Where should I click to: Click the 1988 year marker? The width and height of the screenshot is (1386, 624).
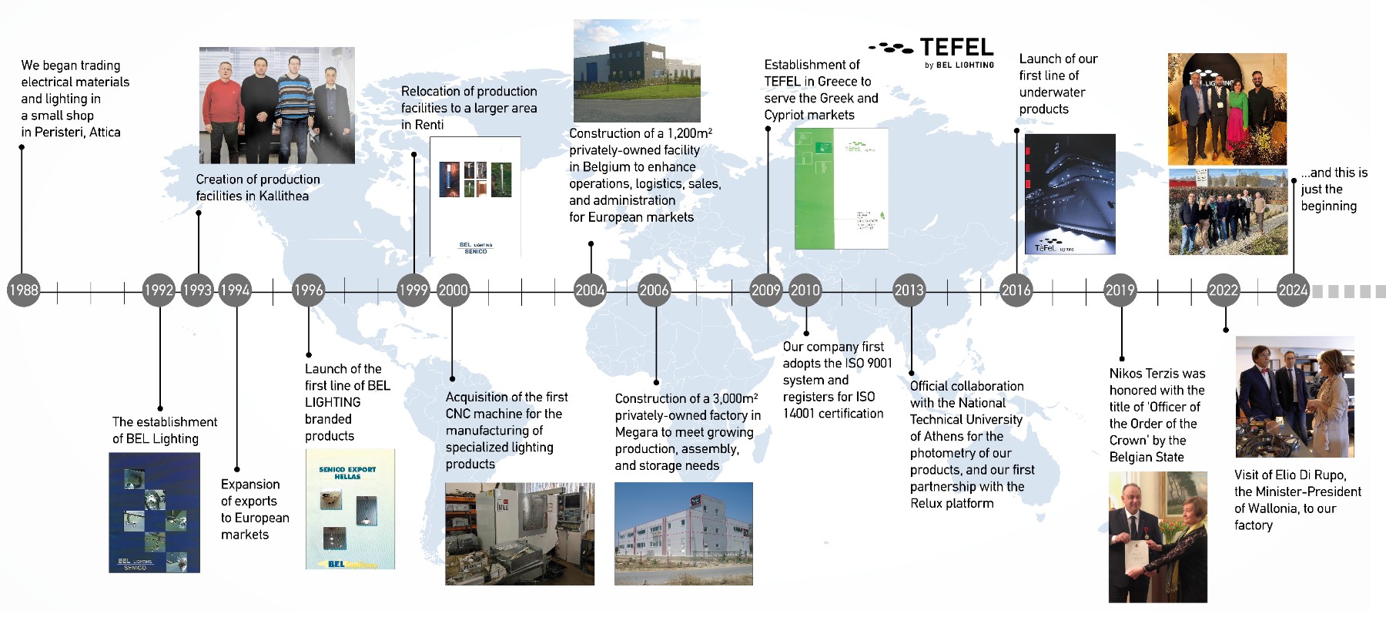point(23,290)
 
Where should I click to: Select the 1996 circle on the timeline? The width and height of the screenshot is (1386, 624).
point(308,290)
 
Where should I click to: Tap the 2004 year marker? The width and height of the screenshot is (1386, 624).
point(590,290)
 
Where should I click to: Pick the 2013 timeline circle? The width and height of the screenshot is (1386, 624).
point(909,290)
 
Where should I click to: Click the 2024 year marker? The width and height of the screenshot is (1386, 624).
point(1293,290)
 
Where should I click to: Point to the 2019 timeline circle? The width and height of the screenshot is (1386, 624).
point(1120,290)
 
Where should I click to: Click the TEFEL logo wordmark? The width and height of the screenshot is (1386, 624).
point(956,48)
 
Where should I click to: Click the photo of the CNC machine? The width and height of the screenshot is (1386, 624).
point(520,534)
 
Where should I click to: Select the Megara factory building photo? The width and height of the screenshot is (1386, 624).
point(683,533)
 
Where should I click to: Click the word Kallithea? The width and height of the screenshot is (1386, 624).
point(280,196)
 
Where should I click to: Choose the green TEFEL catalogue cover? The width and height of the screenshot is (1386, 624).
point(841,189)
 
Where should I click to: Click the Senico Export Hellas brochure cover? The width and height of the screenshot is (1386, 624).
point(350,509)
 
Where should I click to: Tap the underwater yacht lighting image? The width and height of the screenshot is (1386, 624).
point(1070,194)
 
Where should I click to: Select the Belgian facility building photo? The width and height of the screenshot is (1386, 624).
point(636,71)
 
